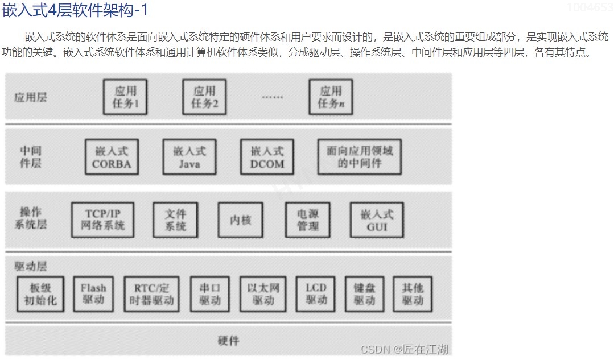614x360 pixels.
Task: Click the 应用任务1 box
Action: pos(125,97)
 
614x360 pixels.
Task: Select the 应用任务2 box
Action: pos(204,97)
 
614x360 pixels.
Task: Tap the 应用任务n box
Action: pos(330,97)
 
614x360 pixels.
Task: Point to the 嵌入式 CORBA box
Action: pos(112,158)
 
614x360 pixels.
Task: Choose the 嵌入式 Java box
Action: pos(189,158)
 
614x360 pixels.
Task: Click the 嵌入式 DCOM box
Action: pos(267,158)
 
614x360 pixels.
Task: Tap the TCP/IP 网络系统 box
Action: pos(102,220)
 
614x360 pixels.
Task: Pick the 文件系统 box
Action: pos(176,220)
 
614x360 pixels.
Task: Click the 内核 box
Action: pos(241,220)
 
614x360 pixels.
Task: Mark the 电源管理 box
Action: pos(308,220)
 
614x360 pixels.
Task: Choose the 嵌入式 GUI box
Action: pos(377,220)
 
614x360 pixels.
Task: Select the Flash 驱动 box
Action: pos(93,293)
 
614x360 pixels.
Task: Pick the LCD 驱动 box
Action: pos(316,293)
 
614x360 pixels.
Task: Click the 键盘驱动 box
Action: pos(365,293)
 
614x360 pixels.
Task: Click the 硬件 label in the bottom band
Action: pos(228,341)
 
